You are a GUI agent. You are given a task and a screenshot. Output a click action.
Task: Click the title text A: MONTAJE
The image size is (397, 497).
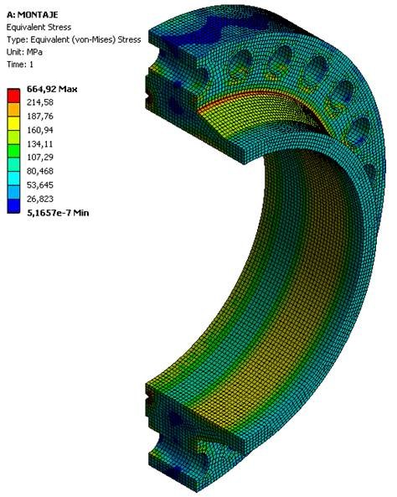(x=33, y=14)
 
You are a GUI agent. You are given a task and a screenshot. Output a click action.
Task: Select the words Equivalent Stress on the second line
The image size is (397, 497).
(x=39, y=28)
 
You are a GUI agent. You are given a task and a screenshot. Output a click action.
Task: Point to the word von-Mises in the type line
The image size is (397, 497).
(x=98, y=39)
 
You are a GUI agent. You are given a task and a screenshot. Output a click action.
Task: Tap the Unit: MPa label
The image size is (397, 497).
(x=24, y=52)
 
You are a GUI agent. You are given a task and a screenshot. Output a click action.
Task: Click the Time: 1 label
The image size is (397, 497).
(x=20, y=65)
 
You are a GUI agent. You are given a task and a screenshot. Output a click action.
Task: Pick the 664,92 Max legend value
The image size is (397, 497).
(x=52, y=89)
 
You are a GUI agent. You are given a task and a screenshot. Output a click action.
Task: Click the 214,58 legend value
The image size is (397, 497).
(x=40, y=102)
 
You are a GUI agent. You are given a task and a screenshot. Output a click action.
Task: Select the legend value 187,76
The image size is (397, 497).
(x=40, y=116)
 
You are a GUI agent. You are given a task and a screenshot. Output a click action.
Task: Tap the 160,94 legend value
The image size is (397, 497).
(x=40, y=130)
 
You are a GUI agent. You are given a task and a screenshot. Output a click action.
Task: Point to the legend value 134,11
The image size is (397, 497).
(x=40, y=144)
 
